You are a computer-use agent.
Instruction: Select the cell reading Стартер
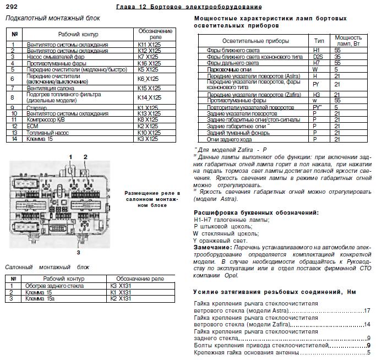(35, 107)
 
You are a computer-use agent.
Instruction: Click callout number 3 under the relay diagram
(78, 252)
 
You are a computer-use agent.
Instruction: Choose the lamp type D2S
(318, 56)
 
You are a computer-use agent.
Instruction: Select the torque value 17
(367, 310)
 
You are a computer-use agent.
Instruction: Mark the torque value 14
(367, 324)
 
